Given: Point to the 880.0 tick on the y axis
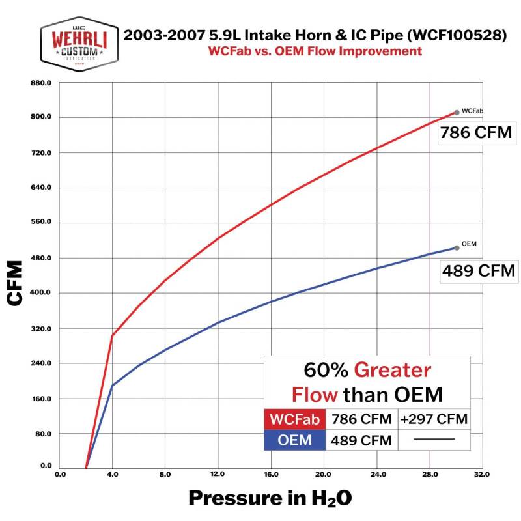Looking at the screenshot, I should [x=40, y=83].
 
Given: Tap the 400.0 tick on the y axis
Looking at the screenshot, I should [x=40, y=293].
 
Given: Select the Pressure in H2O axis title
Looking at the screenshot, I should [x=270, y=498].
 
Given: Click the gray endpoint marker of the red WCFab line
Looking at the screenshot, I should [x=457, y=112].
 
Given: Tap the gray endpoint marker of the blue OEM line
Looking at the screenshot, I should [x=457, y=247].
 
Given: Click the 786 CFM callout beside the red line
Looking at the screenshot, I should [x=475, y=134].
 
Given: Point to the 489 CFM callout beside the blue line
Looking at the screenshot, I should [x=479, y=270].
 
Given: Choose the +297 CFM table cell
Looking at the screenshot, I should [x=434, y=418].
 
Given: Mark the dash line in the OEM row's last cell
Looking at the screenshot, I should [x=434, y=440].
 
